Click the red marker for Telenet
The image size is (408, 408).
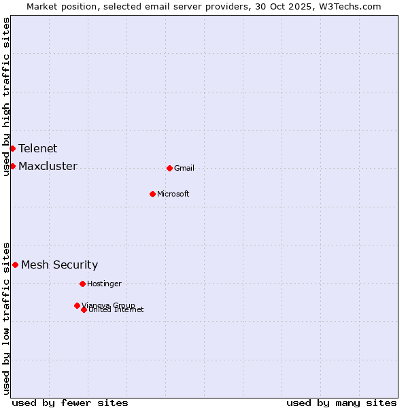click(x=12, y=148)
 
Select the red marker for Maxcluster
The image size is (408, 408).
click(x=12, y=166)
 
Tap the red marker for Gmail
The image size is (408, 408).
click(x=169, y=168)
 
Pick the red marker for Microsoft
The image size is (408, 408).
click(x=152, y=194)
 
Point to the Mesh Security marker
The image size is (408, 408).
click(x=15, y=265)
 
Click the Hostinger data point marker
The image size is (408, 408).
click(x=82, y=284)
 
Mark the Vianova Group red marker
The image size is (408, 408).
click(x=77, y=305)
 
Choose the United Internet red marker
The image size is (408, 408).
click(x=84, y=309)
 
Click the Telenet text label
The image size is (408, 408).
click(x=38, y=148)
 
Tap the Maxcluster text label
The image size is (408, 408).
click(x=48, y=166)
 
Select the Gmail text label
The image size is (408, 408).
click(x=184, y=168)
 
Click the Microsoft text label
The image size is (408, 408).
click(x=173, y=194)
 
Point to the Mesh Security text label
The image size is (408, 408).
click(x=60, y=265)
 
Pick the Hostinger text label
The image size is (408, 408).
click(x=104, y=284)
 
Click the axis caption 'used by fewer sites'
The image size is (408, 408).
click(x=70, y=403)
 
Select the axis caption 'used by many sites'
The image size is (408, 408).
click(x=341, y=403)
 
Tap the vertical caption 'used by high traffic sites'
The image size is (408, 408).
click(x=6, y=97)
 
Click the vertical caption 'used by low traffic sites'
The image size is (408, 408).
click(x=6, y=318)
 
